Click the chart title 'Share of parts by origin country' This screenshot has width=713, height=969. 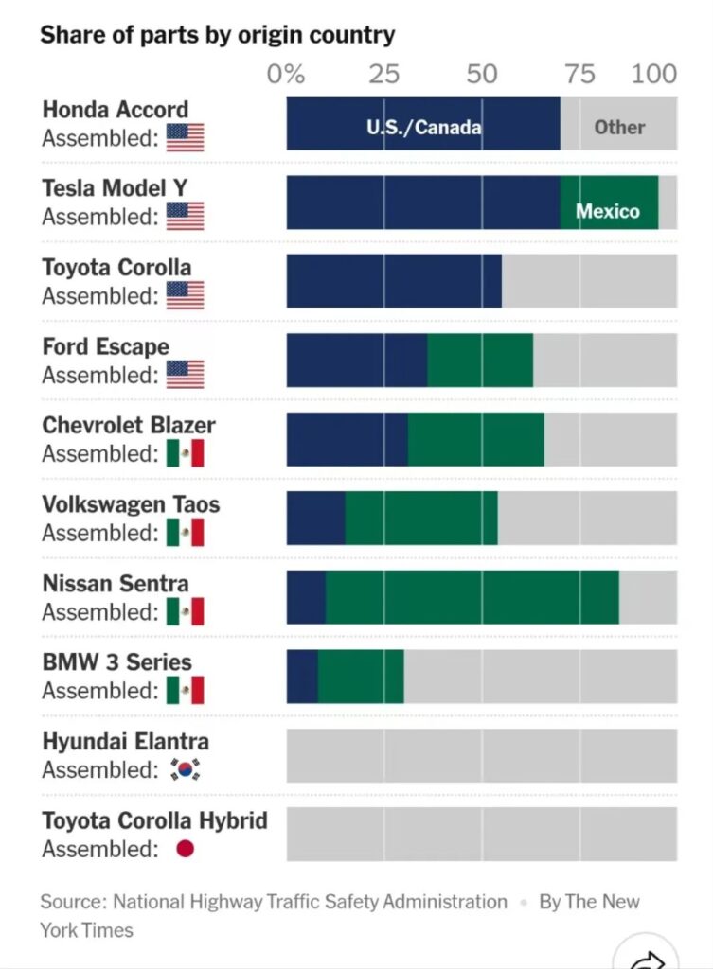point(217,35)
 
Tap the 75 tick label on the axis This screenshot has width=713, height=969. point(579,74)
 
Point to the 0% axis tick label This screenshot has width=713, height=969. point(286,74)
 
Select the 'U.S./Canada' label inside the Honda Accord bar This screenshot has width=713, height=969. point(423,127)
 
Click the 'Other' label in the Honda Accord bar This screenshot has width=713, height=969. point(619,127)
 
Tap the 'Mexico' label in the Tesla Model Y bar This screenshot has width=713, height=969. point(608,211)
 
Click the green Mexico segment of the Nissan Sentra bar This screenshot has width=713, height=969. point(472,597)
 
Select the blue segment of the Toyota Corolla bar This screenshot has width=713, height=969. point(393,281)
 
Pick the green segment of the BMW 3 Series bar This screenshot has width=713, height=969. point(361,677)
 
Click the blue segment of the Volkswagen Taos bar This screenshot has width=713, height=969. point(315,519)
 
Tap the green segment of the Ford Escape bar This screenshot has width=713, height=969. point(480,360)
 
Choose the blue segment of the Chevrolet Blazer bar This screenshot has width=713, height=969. point(347,439)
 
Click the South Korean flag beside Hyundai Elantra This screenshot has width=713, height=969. point(186,769)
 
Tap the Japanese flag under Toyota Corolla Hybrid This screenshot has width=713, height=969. point(185,849)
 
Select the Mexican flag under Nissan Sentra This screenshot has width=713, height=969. point(186,611)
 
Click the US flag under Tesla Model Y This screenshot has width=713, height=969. point(186,216)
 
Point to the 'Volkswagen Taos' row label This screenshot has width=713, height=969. point(131,504)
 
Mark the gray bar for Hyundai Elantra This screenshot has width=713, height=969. point(481,755)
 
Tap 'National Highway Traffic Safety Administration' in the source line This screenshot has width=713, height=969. point(310,902)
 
